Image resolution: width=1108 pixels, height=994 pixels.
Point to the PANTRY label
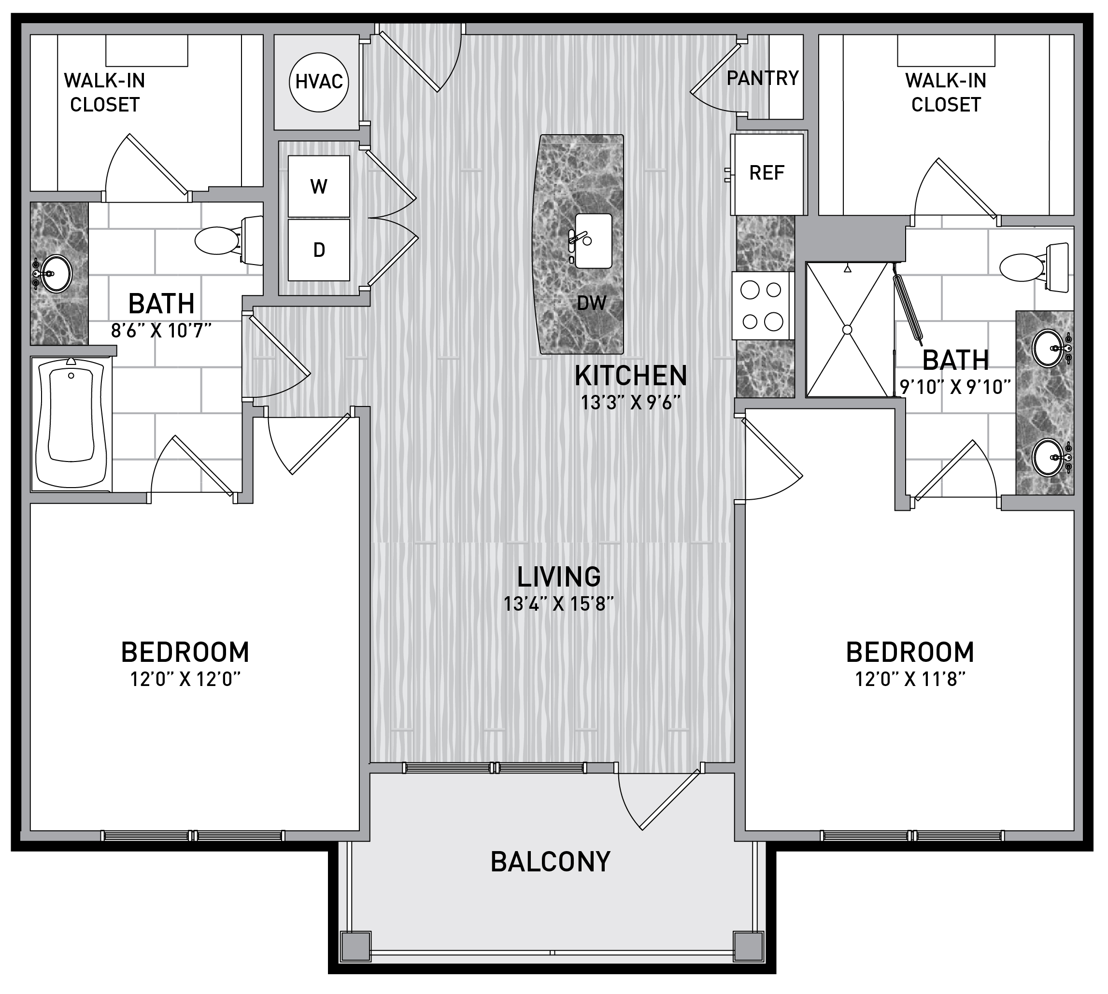[x=763, y=78]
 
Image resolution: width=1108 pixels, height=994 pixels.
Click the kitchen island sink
[x=593, y=241]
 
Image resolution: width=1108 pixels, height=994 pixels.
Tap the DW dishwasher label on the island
[x=592, y=303]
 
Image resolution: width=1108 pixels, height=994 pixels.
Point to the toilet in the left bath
[x=229, y=241]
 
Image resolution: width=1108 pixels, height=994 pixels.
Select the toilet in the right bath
[x=1034, y=267]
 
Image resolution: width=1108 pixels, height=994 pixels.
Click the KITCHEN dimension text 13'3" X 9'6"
[x=630, y=403]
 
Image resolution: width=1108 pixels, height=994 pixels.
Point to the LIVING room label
[x=559, y=577]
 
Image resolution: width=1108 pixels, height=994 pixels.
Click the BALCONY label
[x=550, y=862]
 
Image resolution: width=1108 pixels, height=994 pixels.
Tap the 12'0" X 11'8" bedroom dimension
[x=910, y=679]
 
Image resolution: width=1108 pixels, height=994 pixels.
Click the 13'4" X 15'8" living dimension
[x=559, y=604]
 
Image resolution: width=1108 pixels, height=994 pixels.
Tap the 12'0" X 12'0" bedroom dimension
[x=185, y=679]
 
